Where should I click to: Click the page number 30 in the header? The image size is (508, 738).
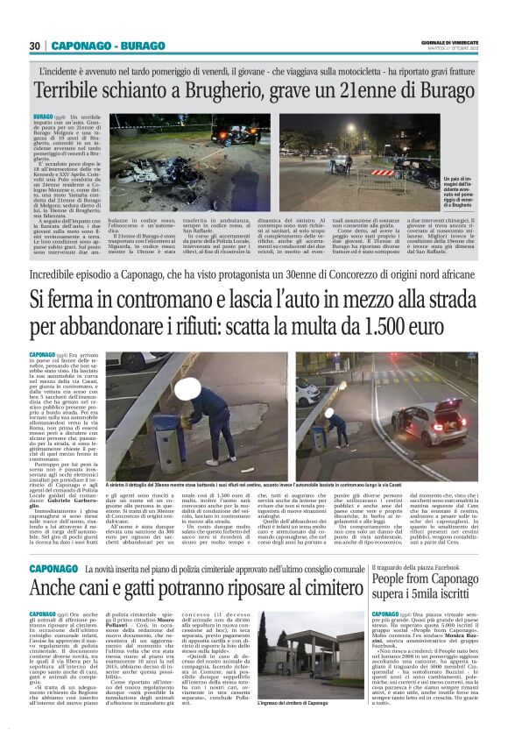click(x=34, y=46)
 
